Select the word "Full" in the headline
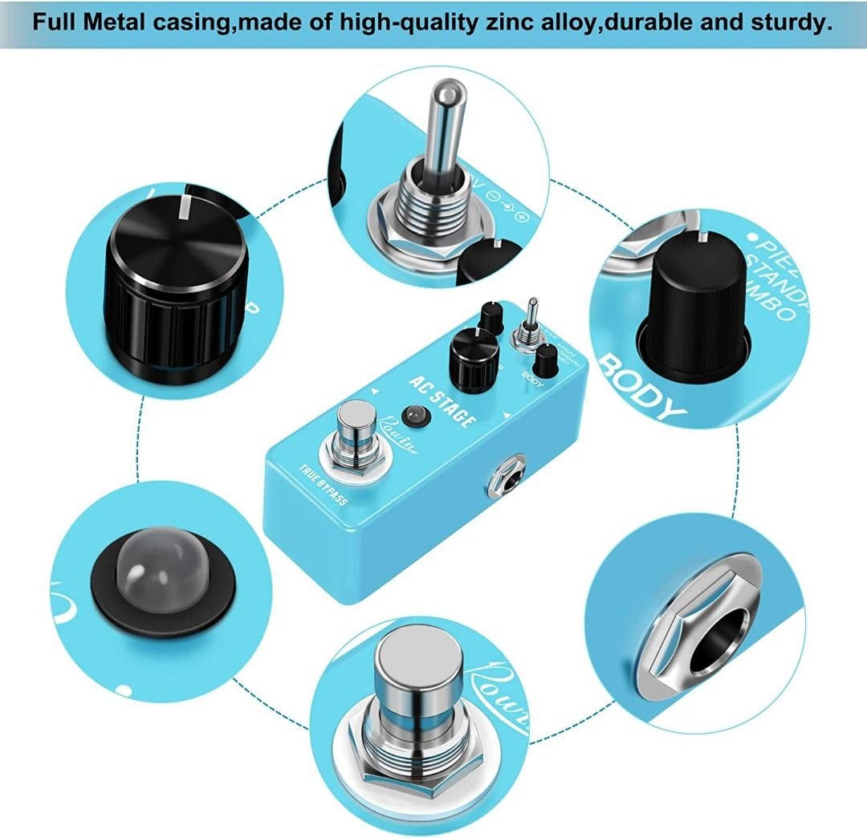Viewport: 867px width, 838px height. [x=58, y=22]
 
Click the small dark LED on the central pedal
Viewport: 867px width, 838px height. [x=415, y=416]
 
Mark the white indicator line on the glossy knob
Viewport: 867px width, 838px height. [x=185, y=206]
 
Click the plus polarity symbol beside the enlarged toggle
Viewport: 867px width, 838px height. [x=522, y=217]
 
